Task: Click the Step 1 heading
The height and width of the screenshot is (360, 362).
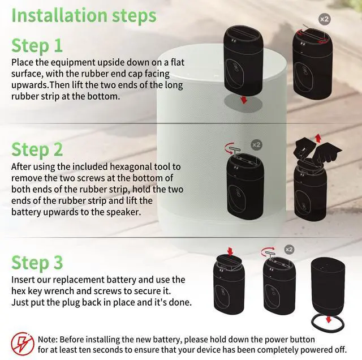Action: click(37, 45)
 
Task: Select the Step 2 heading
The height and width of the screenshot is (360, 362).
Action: click(37, 150)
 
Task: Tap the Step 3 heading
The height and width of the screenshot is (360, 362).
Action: click(37, 263)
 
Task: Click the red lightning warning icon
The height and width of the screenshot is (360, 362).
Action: click(21, 341)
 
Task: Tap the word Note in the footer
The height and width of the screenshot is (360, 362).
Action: click(48, 339)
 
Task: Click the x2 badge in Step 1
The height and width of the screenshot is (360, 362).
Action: click(324, 19)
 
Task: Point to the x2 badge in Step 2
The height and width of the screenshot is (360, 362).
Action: click(256, 145)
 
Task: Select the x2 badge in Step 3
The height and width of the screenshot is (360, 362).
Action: click(289, 249)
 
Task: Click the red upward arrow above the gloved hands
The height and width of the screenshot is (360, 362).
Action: click(317, 138)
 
